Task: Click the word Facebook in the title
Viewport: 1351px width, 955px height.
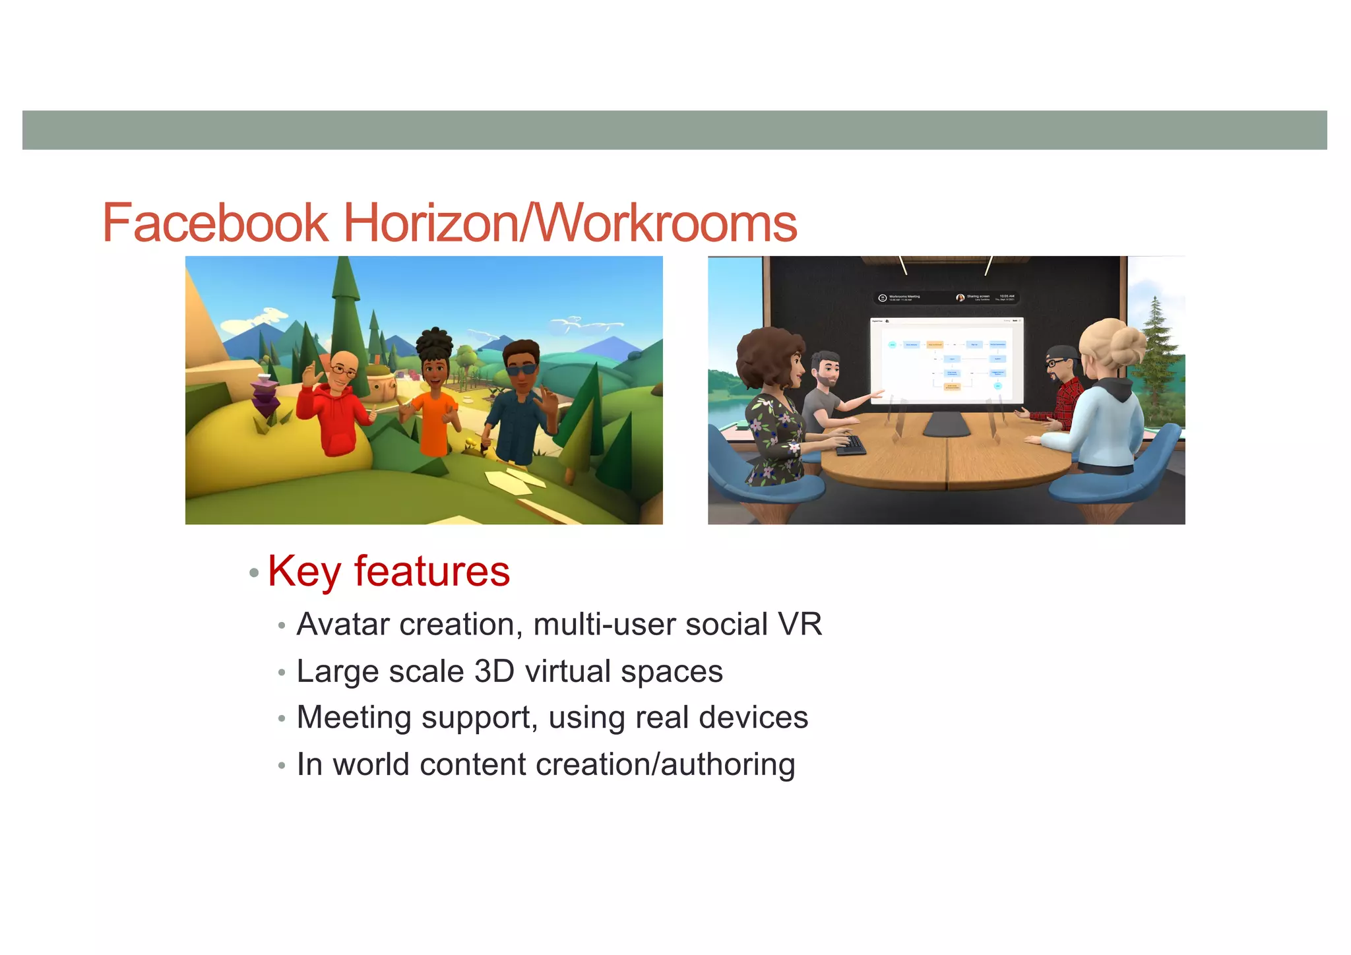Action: [x=215, y=223]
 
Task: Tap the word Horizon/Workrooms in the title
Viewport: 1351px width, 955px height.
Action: [x=570, y=223]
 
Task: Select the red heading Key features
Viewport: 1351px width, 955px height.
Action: [x=389, y=571]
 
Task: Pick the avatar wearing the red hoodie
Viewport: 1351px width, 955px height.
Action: [x=333, y=402]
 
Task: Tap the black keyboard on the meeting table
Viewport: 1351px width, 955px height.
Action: [x=851, y=445]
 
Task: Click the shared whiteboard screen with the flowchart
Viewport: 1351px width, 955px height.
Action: [x=946, y=360]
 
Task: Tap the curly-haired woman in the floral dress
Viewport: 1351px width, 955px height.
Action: [x=775, y=409]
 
